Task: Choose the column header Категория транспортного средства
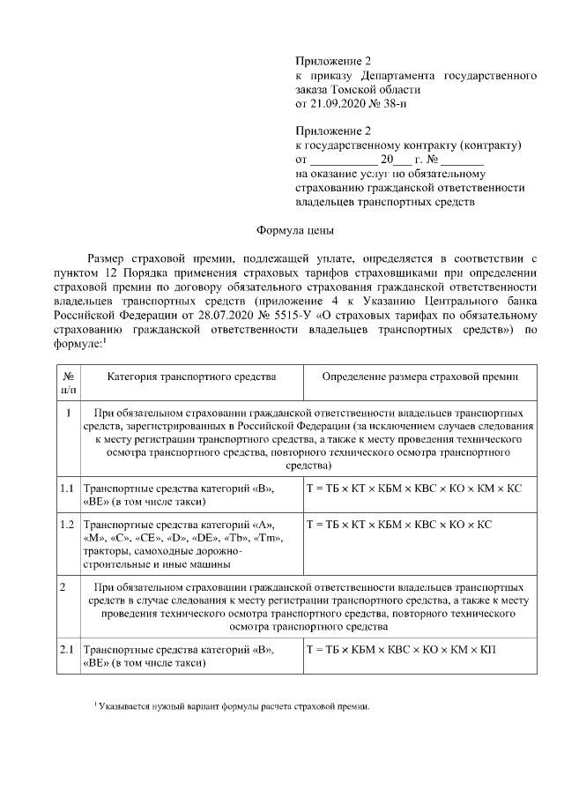[191, 377]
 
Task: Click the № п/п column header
[69, 382]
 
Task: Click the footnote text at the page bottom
[232, 707]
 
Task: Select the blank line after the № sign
[463, 160]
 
